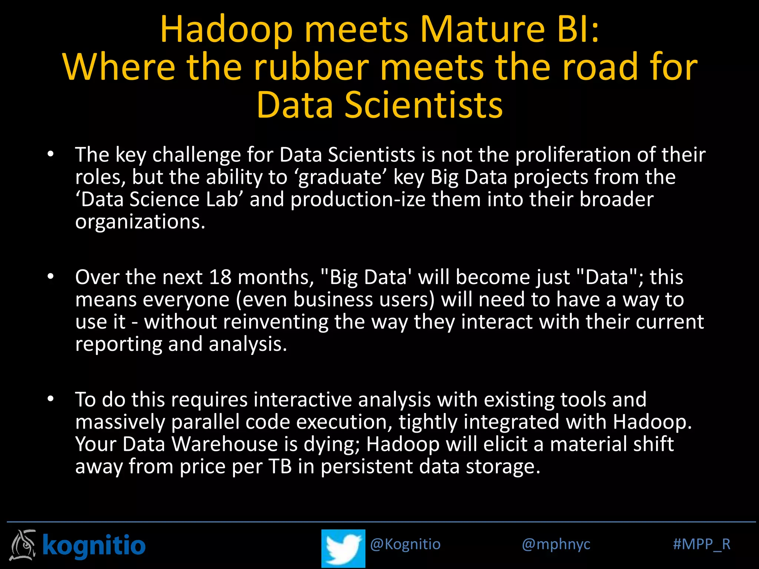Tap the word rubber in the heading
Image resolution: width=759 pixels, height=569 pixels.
(311, 67)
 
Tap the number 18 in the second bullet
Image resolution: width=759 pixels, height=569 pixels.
(220, 277)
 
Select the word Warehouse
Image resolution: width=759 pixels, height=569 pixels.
(225, 444)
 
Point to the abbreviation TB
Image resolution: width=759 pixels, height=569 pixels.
(280, 466)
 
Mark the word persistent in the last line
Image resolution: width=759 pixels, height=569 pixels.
(366, 466)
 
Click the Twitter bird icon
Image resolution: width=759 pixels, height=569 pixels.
(343, 548)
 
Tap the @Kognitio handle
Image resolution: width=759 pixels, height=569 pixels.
(405, 544)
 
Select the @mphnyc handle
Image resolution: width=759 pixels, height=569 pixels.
(556, 544)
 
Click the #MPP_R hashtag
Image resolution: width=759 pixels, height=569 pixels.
(701, 544)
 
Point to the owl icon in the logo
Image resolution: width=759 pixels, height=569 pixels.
(23, 545)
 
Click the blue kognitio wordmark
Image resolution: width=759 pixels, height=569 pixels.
(94, 545)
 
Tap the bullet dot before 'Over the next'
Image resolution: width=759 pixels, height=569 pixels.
(51, 276)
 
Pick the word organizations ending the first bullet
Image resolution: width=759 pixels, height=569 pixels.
(140, 222)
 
